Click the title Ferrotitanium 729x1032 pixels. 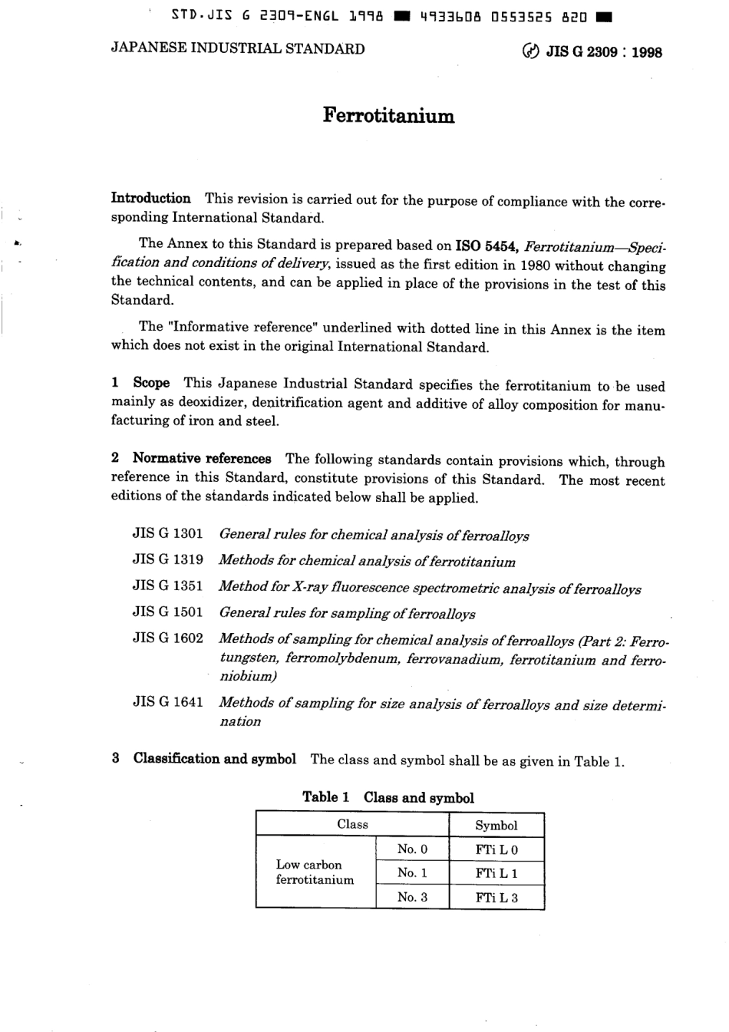[x=388, y=116]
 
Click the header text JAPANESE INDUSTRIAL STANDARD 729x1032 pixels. [x=238, y=49]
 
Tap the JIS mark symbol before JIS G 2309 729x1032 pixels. [x=529, y=52]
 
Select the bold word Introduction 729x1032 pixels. [x=151, y=199]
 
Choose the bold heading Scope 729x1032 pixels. [x=151, y=383]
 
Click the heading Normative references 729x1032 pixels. [x=202, y=459]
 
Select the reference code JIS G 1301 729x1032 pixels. [x=167, y=533]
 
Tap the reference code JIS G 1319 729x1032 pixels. [x=167, y=559]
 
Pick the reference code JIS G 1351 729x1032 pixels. [x=167, y=586]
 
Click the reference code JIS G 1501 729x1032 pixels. [x=167, y=612]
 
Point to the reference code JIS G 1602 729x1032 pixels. [x=167, y=638]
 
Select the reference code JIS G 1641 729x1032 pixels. [x=167, y=701]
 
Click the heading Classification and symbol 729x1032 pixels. [x=214, y=759]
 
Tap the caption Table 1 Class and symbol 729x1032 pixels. [x=388, y=797]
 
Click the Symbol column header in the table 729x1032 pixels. [x=496, y=826]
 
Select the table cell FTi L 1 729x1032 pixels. [x=496, y=873]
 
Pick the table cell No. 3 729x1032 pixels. [x=412, y=897]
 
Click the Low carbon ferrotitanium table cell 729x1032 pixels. [x=315, y=872]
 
